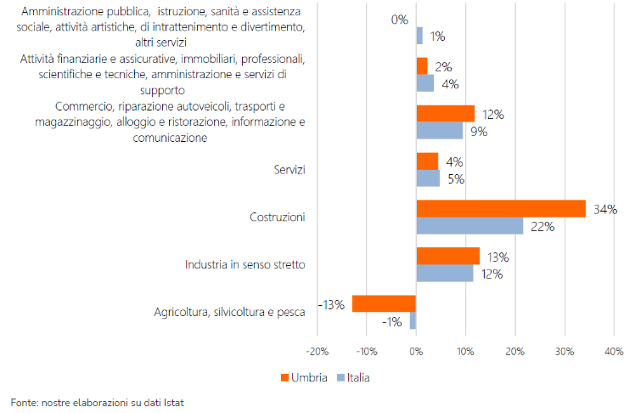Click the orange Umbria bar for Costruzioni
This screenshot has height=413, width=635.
(501, 209)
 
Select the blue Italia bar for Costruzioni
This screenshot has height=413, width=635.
(469, 226)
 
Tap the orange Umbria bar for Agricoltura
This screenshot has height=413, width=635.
(384, 304)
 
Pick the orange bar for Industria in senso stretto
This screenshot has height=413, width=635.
(447, 257)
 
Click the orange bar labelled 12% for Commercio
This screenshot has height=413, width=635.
(445, 114)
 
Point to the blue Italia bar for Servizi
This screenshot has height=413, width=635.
(428, 178)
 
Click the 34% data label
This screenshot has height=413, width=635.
(605, 209)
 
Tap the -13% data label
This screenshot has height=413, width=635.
(331, 304)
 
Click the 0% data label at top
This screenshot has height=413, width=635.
(400, 19)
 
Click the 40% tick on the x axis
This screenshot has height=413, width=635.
(614, 351)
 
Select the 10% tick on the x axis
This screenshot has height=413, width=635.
(465, 351)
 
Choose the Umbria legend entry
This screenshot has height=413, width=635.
(304, 376)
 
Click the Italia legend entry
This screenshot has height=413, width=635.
(353, 376)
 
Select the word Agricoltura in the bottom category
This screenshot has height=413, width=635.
(181, 313)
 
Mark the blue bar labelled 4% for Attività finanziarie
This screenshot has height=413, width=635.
(424, 83)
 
